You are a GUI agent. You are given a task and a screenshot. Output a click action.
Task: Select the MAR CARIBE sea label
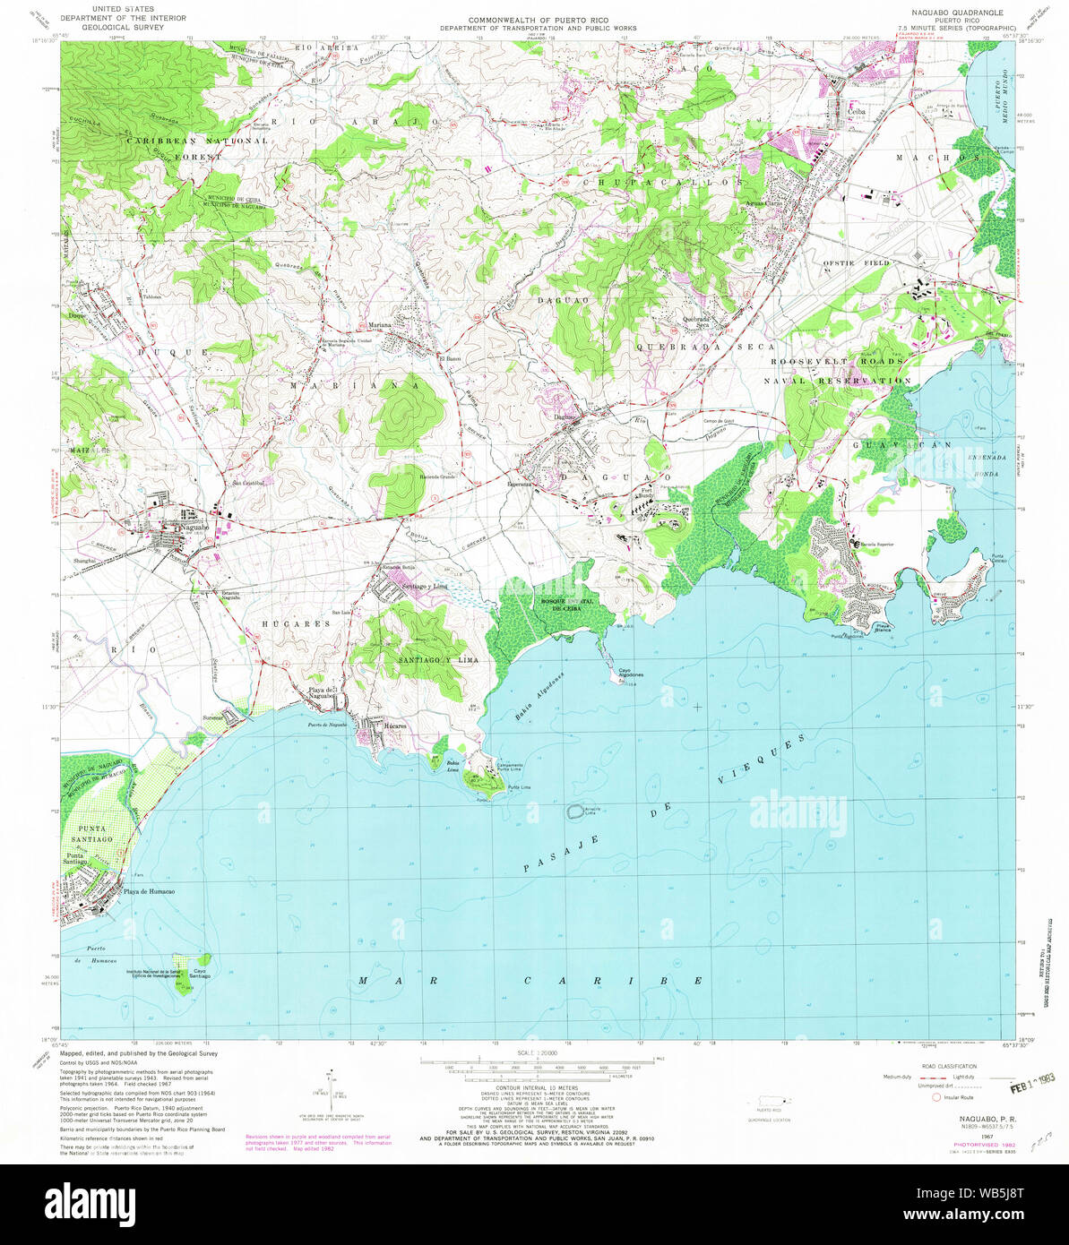pos(530,982)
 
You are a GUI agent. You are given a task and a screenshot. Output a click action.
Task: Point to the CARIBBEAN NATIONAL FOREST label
pos(196,149)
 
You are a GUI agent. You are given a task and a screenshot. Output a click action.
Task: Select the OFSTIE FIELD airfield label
pos(856,262)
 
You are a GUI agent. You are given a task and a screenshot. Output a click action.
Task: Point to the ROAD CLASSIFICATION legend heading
pos(953,1066)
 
